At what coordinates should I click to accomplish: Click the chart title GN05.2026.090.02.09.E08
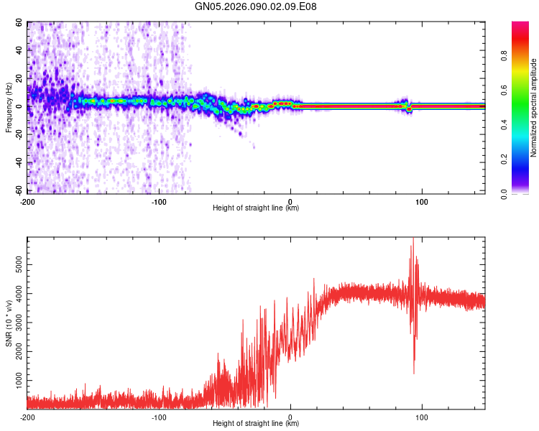point(256,7)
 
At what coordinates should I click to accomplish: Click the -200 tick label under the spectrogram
point(27,201)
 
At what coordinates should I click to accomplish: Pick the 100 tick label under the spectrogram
point(422,201)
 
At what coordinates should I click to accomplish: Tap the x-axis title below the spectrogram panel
point(256,208)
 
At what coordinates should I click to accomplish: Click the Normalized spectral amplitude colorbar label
point(533,108)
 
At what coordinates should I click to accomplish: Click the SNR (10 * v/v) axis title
point(9,323)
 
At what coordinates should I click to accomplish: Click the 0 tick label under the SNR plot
point(290,417)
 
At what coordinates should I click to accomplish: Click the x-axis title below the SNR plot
point(256,424)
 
